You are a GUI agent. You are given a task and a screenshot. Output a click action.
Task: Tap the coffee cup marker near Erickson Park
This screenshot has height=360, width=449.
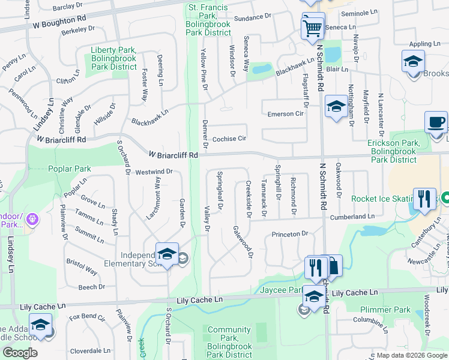pos(436,123)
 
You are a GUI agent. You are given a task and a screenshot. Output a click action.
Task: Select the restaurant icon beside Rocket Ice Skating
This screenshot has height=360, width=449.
pos(424,199)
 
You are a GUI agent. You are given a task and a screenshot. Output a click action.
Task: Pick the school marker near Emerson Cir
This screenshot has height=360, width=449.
pos(336,108)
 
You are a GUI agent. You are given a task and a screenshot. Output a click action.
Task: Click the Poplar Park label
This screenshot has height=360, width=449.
pos(71,169)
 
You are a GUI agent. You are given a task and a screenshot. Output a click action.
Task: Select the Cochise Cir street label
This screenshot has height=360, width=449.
pos(229,138)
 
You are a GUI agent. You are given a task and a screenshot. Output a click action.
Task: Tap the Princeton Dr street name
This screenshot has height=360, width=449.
pos(289,234)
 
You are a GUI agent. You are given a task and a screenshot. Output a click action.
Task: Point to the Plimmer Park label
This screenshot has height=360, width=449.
pos(385,310)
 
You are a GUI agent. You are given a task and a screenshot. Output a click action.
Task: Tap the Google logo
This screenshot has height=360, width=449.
pos(20,352)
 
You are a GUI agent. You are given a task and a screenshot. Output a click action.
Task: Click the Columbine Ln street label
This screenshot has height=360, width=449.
pos(373,319)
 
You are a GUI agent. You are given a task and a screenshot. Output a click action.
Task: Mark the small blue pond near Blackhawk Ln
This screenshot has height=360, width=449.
pos(262,69)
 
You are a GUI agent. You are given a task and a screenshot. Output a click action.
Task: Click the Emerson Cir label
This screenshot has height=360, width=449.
pos(285,113)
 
